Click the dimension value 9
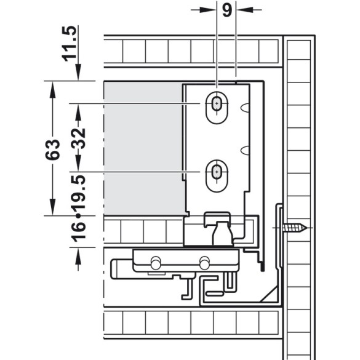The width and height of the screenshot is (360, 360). (227, 10)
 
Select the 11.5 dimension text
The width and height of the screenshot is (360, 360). (70, 44)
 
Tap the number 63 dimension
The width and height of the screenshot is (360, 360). (52, 150)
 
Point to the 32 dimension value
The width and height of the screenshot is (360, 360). (78, 138)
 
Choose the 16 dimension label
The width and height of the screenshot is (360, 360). (78, 232)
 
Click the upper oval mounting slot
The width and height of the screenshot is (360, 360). (217, 108)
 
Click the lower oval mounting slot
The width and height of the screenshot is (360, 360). (217, 176)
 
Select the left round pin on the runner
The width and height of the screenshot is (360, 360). (156, 263)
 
